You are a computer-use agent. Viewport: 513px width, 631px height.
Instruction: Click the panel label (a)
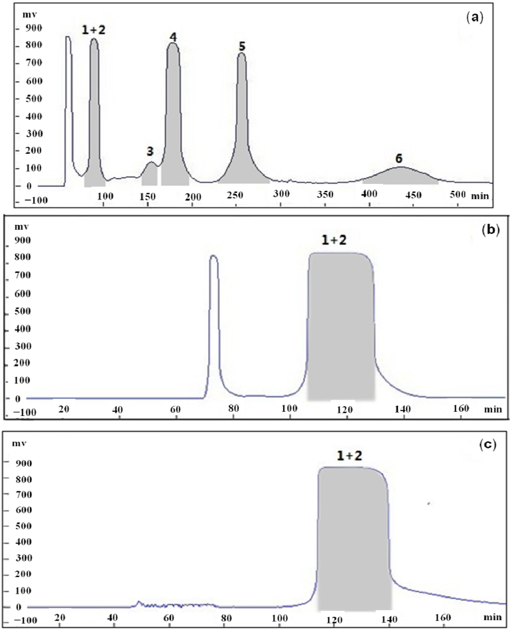475,18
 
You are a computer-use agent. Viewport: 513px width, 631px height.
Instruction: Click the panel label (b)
491,230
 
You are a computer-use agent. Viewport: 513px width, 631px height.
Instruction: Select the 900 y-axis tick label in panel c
24,463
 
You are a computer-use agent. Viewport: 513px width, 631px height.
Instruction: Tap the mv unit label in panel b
22,227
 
